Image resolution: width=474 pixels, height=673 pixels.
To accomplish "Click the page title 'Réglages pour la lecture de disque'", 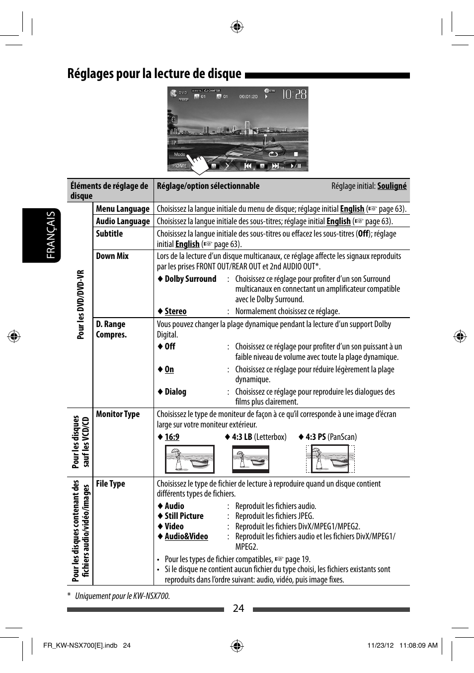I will (x=154, y=74).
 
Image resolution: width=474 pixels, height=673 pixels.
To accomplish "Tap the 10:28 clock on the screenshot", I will (x=294, y=94).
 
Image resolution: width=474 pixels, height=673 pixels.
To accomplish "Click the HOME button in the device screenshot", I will (x=180, y=166).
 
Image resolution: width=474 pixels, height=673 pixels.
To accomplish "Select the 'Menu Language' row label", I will (x=123, y=209).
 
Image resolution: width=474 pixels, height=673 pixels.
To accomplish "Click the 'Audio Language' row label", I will (x=123, y=221).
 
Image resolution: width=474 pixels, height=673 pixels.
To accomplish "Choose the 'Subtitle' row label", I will (x=109, y=234).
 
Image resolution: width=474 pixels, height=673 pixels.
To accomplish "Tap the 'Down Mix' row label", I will (x=112, y=256).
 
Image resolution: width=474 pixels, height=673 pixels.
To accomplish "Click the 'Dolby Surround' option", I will (x=190, y=279).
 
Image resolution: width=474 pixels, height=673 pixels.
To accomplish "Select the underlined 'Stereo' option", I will (x=175, y=311).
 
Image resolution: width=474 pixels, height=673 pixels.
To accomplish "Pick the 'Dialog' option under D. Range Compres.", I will (x=175, y=392).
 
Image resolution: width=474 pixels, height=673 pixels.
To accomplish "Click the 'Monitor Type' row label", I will (x=118, y=414).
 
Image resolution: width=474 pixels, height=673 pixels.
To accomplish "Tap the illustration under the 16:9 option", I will (x=189, y=459).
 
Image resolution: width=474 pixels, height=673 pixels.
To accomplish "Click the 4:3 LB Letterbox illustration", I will (x=250, y=459).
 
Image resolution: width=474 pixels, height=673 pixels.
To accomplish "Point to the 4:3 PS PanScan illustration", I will (x=330, y=459).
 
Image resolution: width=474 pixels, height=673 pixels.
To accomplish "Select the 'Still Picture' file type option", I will (x=184, y=516).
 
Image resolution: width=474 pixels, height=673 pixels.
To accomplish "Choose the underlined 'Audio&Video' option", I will (x=186, y=536).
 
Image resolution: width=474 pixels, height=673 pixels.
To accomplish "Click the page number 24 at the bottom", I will (x=238, y=608).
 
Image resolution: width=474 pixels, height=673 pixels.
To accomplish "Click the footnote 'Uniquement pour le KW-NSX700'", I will (x=122, y=596).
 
